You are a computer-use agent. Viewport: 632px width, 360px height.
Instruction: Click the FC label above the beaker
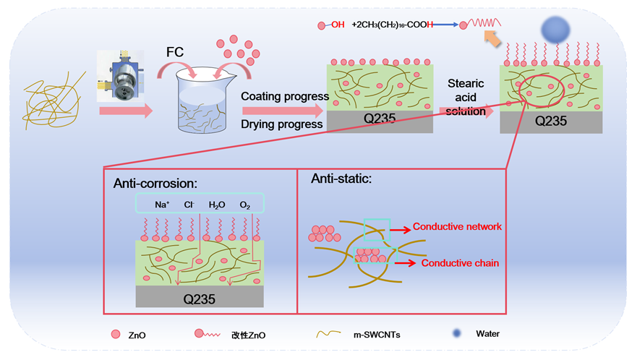click(x=175, y=52)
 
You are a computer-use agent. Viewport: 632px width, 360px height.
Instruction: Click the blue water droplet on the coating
click(x=555, y=30)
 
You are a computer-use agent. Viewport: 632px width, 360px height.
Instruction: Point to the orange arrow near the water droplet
click(x=492, y=38)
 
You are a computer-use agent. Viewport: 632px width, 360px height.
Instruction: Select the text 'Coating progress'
click(x=285, y=96)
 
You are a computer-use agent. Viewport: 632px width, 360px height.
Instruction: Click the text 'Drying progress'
click(x=282, y=124)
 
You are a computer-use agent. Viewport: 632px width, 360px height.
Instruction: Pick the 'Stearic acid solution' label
click(x=466, y=97)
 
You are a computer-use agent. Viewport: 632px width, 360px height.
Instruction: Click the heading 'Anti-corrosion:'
click(x=155, y=184)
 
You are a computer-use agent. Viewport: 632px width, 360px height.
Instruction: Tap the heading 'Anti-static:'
click(x=341, y=178)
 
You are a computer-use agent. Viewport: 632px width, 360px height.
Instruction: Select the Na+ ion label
click(x=162, y=205)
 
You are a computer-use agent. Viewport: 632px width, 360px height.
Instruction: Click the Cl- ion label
click(x=189, y=205)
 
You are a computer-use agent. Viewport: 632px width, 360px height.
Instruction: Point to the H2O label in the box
click(x=217, y=205)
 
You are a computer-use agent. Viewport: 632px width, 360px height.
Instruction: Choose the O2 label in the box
click(x=245, y=205)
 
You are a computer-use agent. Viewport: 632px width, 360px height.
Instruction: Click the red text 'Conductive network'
click(x=457, y=226)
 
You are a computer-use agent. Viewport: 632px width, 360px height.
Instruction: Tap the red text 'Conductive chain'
click(x=460, y=263)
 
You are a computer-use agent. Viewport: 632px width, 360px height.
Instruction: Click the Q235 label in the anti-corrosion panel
click(x=199, y=299)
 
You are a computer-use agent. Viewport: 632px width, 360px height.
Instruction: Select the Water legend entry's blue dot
click(x=457, y=333)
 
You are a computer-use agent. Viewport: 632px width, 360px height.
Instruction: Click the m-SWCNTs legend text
click(x=377, y=335)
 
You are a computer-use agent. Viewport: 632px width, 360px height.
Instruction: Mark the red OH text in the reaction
click(x=338, y=25)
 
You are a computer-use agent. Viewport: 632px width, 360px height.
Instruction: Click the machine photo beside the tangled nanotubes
click(x=121, y=76)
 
